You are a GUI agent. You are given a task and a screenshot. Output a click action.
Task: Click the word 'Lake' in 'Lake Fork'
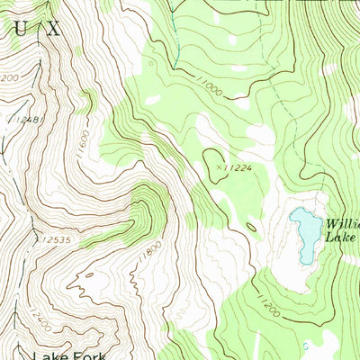coord(50,354)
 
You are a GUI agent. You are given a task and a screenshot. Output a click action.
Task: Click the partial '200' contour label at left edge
coord(9,78)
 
